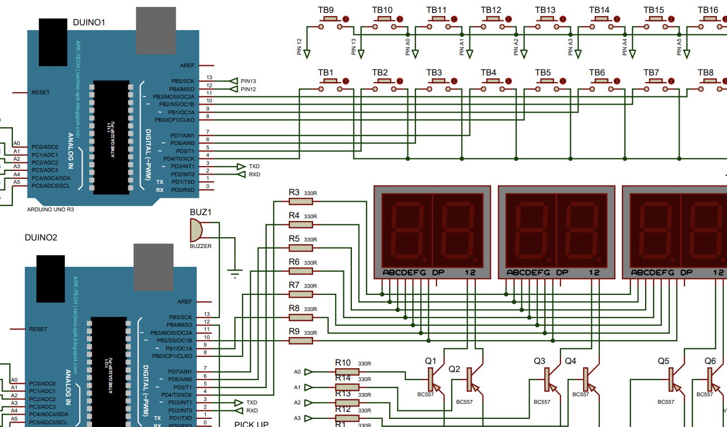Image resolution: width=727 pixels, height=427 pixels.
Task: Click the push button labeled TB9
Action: click(x=329, y=20)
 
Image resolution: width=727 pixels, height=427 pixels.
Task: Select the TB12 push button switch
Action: click(x=492, y=20)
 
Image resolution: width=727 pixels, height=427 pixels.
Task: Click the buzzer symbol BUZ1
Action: click(x=197, y=231)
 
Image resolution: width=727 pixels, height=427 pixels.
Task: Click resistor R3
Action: click(x=301, y=201)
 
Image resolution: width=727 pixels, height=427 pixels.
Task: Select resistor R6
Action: click(x=301, y=271)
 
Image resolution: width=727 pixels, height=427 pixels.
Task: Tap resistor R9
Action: click(x=301, y=341)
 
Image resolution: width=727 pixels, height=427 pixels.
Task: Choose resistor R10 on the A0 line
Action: click(x=347, y=371)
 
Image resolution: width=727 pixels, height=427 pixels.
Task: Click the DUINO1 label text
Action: click(x=89, y=22)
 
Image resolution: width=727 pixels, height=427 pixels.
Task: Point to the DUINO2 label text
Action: click(x=41, y=237)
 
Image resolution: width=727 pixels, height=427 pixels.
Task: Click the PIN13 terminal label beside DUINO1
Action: click(x=248, y=81)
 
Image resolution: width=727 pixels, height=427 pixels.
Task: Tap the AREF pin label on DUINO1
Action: click(x=187, y=65)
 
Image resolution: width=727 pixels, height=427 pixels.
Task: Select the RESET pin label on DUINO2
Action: click(x=38, y=329)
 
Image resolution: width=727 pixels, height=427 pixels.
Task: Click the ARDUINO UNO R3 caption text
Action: click(x=50, y=209)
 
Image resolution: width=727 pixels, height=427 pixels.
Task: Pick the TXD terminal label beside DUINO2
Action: click(x=252, y=402)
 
